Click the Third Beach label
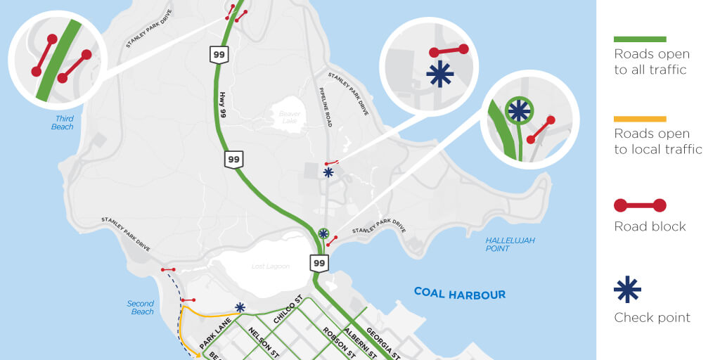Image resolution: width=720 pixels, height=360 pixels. point(63,123)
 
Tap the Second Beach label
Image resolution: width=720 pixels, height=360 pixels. point(141,308)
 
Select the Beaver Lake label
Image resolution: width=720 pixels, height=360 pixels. point(290,117)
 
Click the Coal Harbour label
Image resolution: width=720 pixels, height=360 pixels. point(459,293)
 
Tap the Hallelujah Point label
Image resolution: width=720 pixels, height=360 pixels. point(510,245)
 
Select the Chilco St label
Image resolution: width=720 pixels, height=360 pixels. point(289,310)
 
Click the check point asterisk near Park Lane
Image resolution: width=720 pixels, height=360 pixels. point(240,307)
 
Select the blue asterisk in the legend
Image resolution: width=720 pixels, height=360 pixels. point(627,289)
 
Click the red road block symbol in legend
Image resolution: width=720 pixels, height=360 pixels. point(640,205)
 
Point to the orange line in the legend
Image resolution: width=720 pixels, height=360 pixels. point(640,119)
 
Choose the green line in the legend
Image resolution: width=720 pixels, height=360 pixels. point(640,39)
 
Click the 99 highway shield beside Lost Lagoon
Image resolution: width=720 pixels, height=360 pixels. point(319,264)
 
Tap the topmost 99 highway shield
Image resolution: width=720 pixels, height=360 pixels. point(219,54)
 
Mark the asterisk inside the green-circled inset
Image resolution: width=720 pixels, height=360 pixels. point(519,110)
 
